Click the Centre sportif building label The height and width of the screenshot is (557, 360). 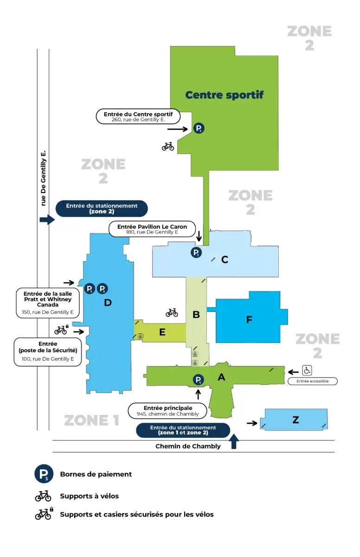tap(224, 95)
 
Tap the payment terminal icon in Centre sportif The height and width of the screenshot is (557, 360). tap(199, 129)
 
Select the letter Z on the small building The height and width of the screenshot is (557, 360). tap(296, 420)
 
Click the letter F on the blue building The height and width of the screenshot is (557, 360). tap(249, 320)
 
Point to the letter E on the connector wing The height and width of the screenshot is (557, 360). tap(162, 332)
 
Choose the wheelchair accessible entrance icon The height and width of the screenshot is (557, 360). tap(307, 370)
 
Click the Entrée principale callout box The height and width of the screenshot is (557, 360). tap(167, 411)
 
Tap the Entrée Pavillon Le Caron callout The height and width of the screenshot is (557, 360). tap(152, 229)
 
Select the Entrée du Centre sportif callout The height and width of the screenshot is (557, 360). tap(138, 117)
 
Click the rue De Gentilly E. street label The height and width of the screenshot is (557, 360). tap(44, 178)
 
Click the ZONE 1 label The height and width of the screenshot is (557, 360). tap(91, 421)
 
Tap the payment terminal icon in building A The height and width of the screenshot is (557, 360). tap(198, 380)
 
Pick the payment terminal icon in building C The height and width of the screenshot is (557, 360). tap(197, 253)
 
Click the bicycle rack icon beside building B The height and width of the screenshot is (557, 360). tap(172, 312)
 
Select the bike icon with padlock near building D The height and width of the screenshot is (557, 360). tap(61, 330)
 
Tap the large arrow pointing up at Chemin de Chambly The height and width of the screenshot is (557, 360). tap(234, 441)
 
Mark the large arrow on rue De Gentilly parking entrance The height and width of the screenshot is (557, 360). tap(47, 220)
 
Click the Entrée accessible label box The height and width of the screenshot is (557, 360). tap(312, 381)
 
